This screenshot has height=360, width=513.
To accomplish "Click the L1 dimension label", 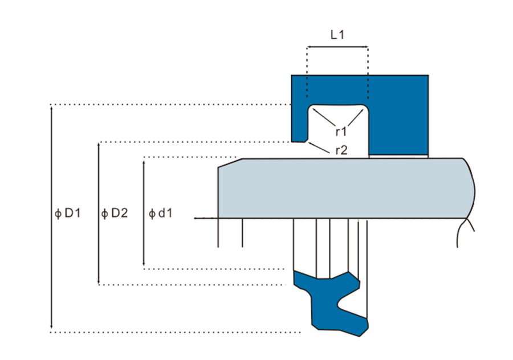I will pyautogui.click(x=337, y=35).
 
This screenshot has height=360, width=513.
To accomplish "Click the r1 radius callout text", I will pyautogui.click(x=341, y=132).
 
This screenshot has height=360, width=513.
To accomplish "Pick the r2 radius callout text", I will pyautogui.click(x=341, y=150).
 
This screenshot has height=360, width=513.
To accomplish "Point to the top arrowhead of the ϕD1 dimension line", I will pyautogui.click(x=52, y=107).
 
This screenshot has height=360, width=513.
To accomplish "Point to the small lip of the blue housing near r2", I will pyautogui.click(x=299, y=138).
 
